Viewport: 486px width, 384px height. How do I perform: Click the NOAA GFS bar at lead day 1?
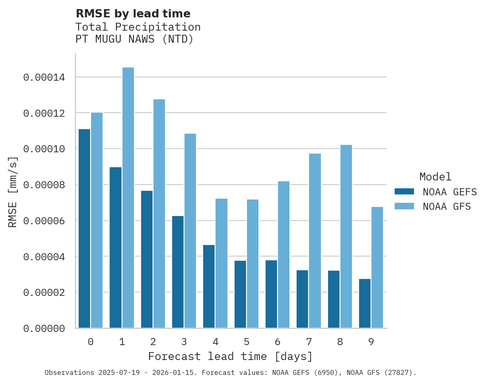click(x=128, y=198)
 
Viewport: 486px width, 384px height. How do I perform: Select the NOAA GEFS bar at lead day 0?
click(x=84, y=228)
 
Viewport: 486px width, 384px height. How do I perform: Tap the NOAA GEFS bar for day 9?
click(x=365, y=303)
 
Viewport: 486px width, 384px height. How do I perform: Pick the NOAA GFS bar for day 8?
click(x=346, y=236)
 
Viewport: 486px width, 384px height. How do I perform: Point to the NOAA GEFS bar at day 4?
click(x=209, y=286)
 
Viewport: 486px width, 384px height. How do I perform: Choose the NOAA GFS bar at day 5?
click(x=253, y=264)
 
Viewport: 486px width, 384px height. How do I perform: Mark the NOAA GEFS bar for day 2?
click(x=147, y=259)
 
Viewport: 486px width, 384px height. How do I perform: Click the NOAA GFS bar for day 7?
click(x=315, y=241)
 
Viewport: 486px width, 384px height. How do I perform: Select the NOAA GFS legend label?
click(x=447, y=206)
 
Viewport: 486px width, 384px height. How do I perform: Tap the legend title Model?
click(x=435, y=177)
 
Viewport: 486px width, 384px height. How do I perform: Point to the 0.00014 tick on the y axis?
click(x=44, y=77)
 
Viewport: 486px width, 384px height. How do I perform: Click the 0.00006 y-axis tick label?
click(x=44, y=221)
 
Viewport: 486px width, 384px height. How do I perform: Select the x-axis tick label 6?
click(x=278, y=342)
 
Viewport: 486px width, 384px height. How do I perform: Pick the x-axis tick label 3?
click(x=184, y=342)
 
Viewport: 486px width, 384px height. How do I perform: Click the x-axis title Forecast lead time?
click(x=230, y=356)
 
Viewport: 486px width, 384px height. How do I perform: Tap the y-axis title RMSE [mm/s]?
click(x=13, y=192)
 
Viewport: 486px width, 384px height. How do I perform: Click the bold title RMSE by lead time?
click(x=133, y=14)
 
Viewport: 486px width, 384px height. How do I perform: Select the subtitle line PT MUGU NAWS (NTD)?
click(x=134, y=40)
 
